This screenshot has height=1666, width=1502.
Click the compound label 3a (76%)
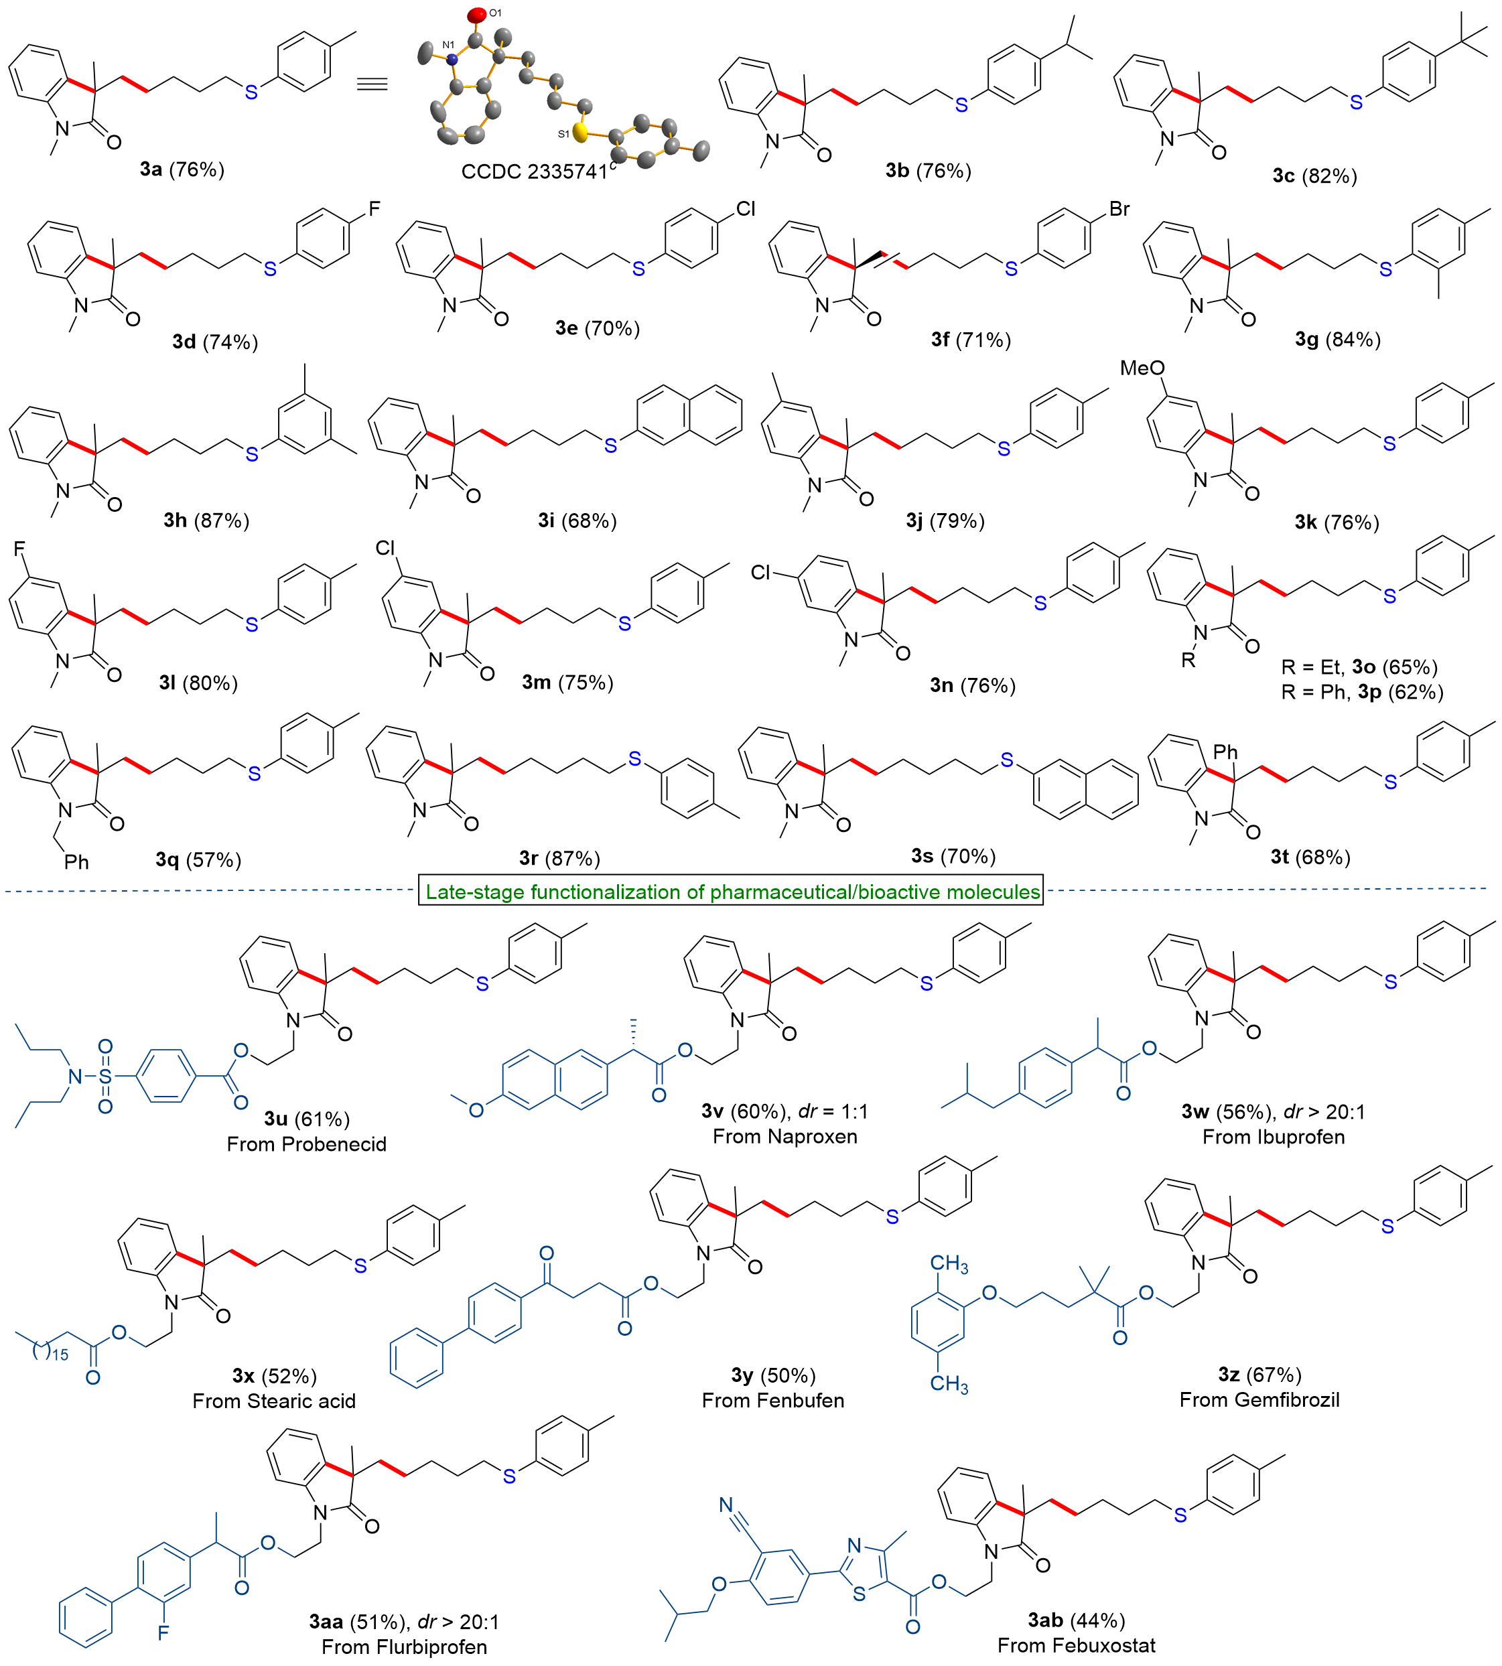click(x=182, y=170)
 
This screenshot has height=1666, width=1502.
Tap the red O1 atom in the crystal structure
click(x=477, y=14)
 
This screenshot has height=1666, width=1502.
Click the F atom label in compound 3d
click(x=374, y=210)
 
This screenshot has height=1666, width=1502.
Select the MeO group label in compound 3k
click(x=1142, y=368)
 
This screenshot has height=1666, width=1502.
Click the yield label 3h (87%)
click(x=206, y=520)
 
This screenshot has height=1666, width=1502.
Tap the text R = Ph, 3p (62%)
click(x=1362, y=692)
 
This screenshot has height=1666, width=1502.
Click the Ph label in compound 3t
click(x=1225, y=752)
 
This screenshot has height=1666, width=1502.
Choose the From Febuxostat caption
click(x=1075, y=1645)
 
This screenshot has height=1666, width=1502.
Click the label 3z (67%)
click(x=1259, y=1375)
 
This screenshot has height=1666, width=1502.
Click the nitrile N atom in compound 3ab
click(x=726, y=1505)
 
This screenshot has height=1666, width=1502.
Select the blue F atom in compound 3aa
click(x=163, y=1631)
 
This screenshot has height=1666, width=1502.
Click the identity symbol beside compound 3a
click(x=372, y=85)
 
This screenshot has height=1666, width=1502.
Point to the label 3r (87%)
click(x=559, y=858)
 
